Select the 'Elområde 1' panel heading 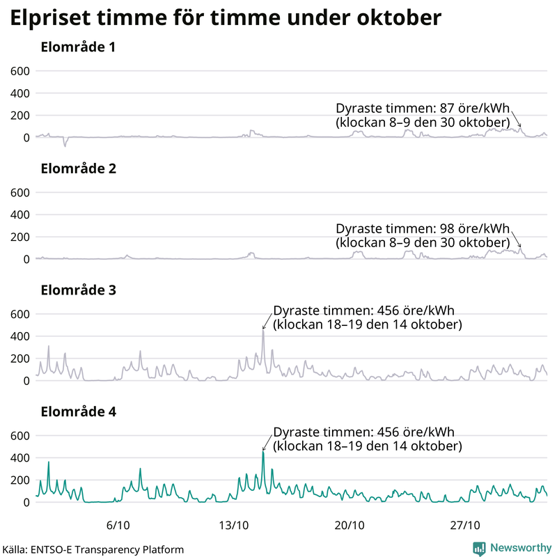78,48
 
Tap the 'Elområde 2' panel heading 78,169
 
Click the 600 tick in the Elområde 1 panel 19,71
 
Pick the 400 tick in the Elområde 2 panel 19,214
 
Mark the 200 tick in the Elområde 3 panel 19,359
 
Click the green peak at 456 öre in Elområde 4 263,452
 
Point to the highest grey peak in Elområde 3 263,331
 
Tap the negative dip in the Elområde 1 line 65,145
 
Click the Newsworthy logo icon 480,548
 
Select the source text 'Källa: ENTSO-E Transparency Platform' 93,549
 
